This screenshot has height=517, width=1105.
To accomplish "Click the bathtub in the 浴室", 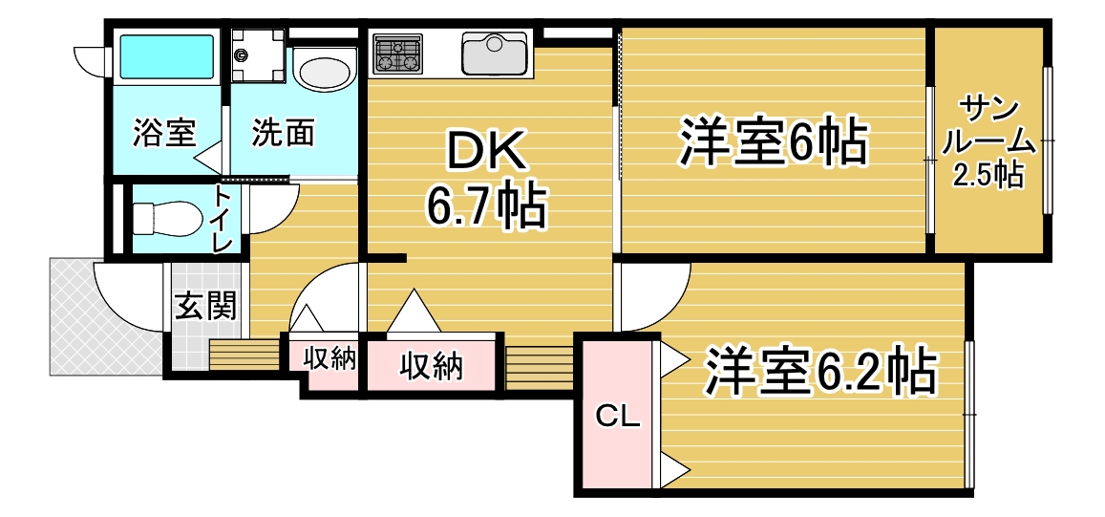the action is pyautogui.click(x=167, y=56).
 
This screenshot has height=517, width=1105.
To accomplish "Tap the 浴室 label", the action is pyautogui.click(x=164, y=132).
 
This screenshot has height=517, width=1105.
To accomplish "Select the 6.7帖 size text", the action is pyautogui.click(x=485, y=207).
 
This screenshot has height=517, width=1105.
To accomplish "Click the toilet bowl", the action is pyautogui.click(x=163, y=219).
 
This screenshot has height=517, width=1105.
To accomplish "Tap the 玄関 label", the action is pyautogui.click(x=205, y=306).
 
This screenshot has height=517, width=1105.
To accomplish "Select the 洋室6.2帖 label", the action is pyautogui.click(x=819, y=370).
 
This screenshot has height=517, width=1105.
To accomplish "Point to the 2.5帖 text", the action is pyautogui.click(x=988, y=174).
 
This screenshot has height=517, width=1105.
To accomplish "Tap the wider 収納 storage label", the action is pyautogui.click(x=432, y=365).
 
